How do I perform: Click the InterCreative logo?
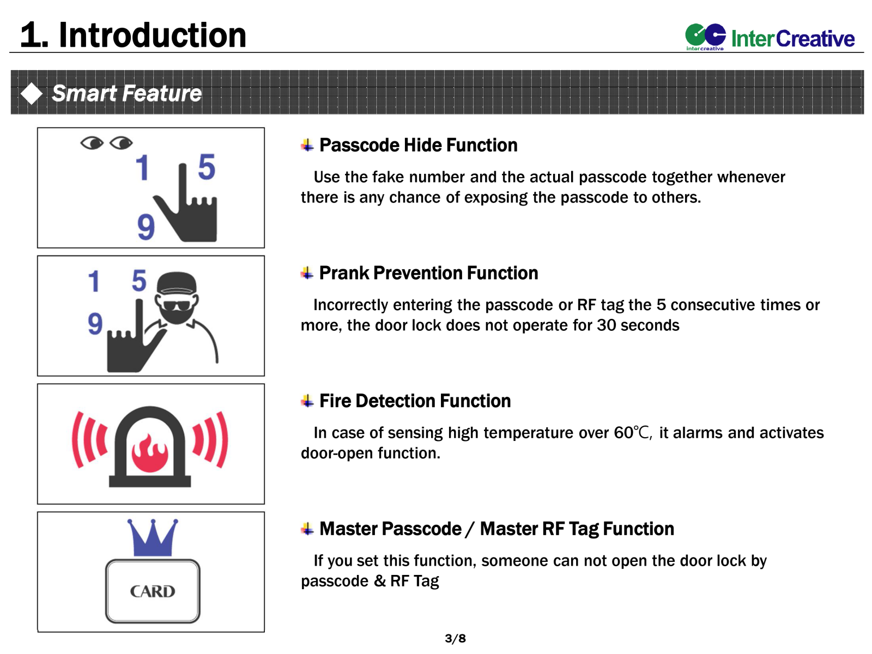(770, 37)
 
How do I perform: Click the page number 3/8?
(455, 638)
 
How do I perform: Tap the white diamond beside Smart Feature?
(32, 94)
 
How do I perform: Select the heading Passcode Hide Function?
(418, 145)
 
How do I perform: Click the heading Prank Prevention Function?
(428, 273)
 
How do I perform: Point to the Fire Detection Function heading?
(415, 401)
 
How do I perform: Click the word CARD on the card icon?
(152, 591)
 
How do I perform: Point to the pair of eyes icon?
(106, 143)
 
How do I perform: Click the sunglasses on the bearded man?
(177, 305)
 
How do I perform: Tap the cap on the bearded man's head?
(177, 283)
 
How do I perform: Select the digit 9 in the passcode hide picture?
(146, 227)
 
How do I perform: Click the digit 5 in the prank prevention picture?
(139, 281)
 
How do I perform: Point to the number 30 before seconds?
(606, 325)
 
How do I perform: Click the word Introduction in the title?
(153, 35)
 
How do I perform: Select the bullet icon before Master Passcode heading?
(307, 529)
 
